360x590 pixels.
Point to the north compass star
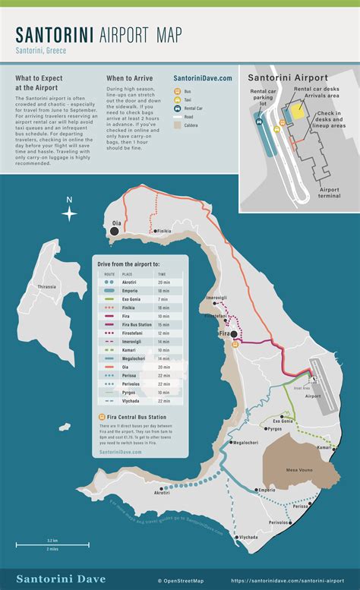tap(69, 213)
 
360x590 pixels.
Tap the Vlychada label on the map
tap(248, 537)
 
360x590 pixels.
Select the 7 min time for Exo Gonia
tap(162, 299)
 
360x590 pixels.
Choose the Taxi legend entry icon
tap(177, 99)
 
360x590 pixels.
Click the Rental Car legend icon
tap(177, 108)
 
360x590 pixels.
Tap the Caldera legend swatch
tap(177, 126)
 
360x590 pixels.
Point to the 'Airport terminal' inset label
tap(329, 194)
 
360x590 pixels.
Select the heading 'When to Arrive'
tap(129, 78)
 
